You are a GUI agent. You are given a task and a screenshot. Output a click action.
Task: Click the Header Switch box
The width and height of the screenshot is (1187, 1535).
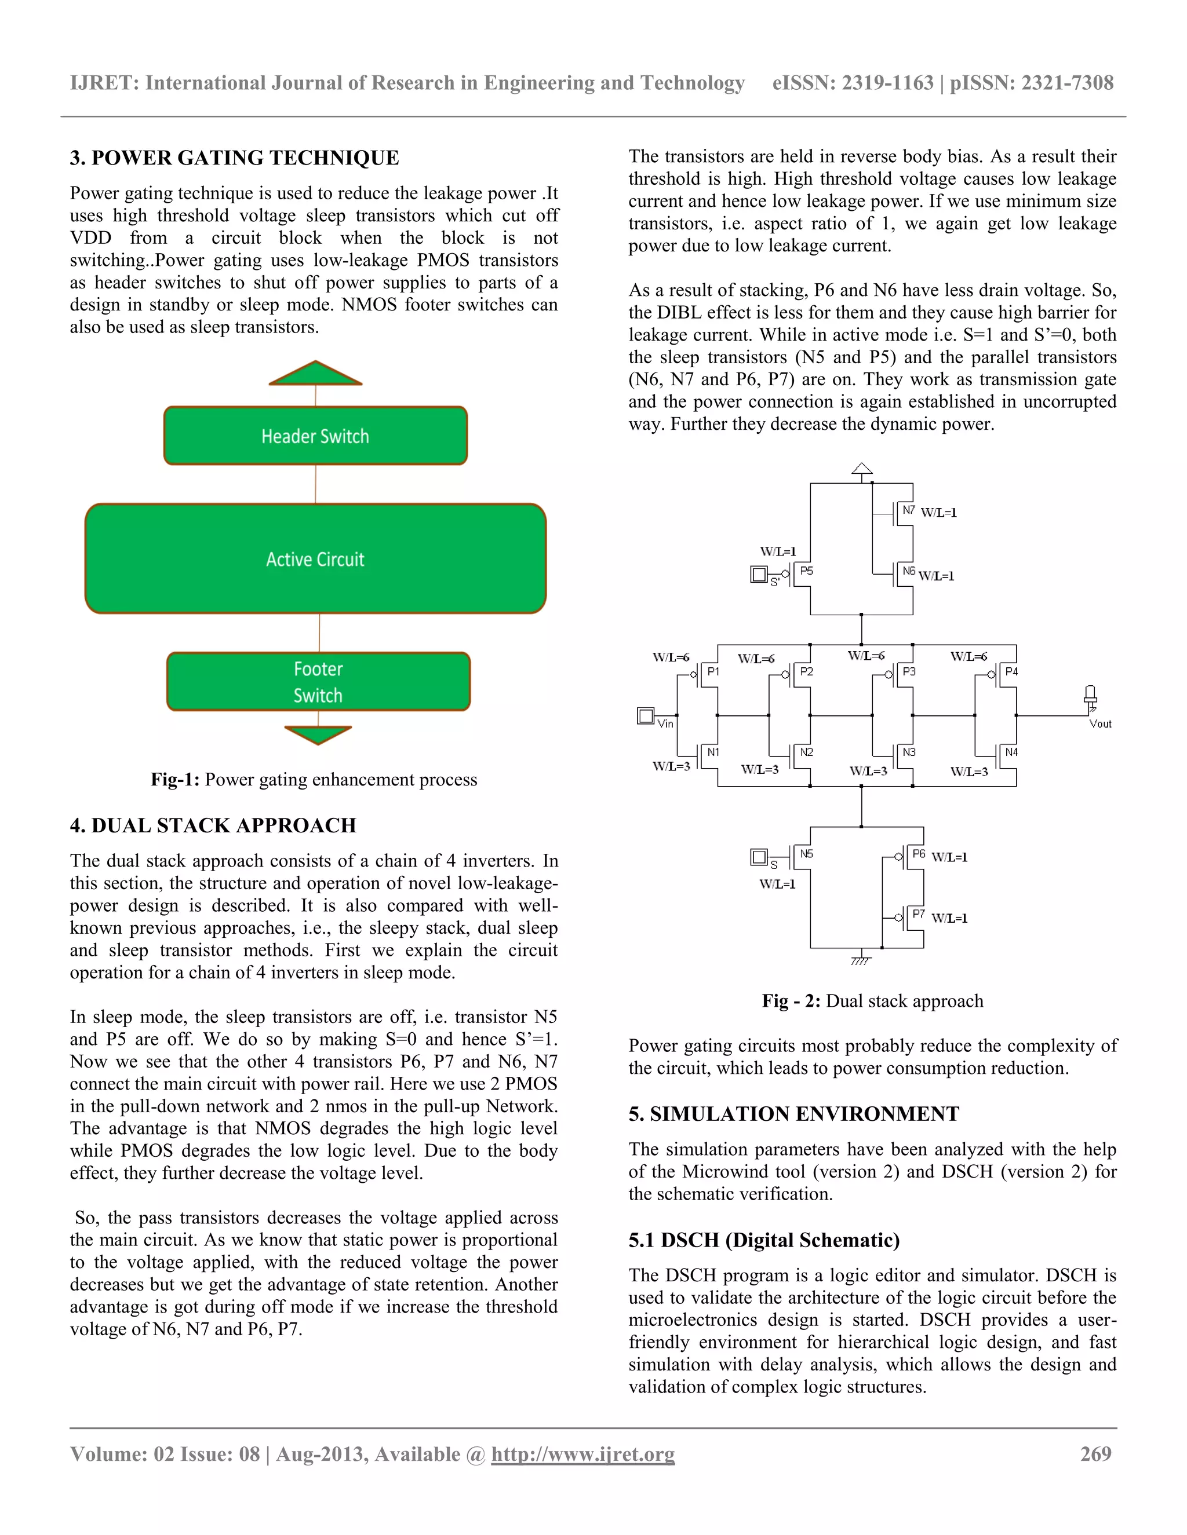315,436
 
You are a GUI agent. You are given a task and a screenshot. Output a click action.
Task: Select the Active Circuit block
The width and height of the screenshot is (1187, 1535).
315,559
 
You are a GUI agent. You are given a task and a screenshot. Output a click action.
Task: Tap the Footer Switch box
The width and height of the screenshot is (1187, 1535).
318,681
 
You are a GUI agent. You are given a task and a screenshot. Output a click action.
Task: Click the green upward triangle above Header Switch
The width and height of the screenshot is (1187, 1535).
316,375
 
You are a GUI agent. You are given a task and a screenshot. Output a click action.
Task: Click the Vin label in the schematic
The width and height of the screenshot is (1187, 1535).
665,723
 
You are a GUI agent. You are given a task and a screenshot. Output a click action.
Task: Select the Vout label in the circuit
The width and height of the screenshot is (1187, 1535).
1100,723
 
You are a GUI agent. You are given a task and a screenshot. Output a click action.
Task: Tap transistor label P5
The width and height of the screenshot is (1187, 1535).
807,571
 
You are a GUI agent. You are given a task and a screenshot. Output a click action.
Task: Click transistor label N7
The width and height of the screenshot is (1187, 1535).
909,510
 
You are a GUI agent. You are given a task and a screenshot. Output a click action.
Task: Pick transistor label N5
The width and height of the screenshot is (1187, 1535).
807,854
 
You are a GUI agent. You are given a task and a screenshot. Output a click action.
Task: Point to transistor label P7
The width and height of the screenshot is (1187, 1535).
919,913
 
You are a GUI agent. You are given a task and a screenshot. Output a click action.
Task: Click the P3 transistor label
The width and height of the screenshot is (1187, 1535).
909,671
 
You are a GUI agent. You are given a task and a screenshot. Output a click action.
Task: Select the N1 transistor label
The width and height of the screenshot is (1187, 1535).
713,752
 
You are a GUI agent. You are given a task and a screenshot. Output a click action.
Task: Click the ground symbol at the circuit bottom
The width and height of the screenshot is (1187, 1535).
861,960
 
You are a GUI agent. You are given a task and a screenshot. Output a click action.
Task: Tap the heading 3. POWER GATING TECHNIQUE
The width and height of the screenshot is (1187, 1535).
234,158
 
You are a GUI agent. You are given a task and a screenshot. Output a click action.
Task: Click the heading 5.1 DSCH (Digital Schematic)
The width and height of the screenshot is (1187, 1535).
764,1240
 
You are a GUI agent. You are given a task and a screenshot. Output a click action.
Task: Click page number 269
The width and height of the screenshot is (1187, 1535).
1095,1453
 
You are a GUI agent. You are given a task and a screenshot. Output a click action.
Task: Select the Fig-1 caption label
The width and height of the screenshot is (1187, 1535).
175,780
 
